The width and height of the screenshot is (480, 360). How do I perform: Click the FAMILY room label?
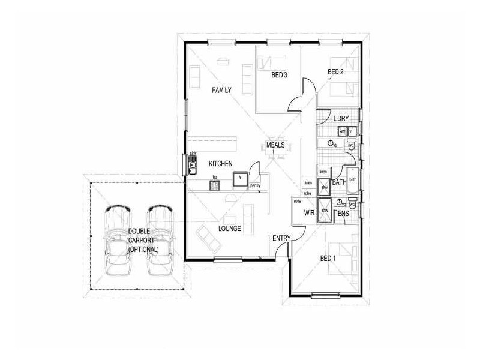click(x=221, y=90)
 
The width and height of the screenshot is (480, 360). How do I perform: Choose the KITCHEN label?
click(x=220, y=163)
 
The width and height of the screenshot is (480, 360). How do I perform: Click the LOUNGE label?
click(x=230, y=229)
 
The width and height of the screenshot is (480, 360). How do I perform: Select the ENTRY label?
click(x=281, y=238)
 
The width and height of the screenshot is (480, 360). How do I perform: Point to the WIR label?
click(x=310, y=213)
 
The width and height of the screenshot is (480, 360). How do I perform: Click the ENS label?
click(x=344, y=213)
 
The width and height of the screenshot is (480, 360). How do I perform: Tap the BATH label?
click(x=340, y=182)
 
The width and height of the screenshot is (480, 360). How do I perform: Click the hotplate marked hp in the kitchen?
click(x=215, y=184)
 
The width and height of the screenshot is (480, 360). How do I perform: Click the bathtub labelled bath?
click(x=353, y=181)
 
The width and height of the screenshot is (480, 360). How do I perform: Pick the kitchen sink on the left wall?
click(x=193, y=166)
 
